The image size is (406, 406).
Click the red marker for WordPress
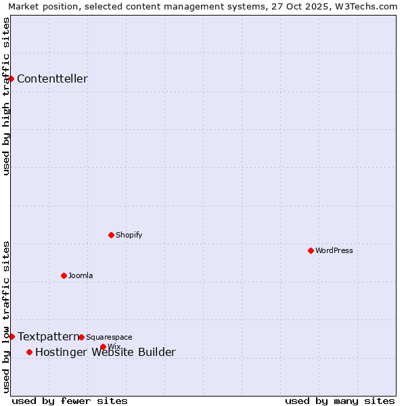[311, 250]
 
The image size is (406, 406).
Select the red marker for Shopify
[111, 235]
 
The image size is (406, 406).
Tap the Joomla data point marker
[64, 275]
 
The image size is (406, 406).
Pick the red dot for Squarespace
[81, 337]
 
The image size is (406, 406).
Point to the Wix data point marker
[103, 346]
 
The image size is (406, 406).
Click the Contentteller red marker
[12, 78]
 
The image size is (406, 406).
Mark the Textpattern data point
[12, 336]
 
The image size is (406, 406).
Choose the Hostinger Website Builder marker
[29, 352]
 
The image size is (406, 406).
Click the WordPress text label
[334, 250]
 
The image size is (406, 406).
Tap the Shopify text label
[129, 235]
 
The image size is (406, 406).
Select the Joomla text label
[81, 275]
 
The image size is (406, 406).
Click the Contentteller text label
[52, 78]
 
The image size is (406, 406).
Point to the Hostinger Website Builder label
[105, 352]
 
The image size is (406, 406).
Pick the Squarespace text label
[109, 337]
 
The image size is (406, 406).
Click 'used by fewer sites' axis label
[70, 401]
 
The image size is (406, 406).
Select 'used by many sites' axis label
[340, 401]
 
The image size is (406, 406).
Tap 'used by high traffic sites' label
[6, 96]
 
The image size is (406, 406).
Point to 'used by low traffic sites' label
[6, 317]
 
